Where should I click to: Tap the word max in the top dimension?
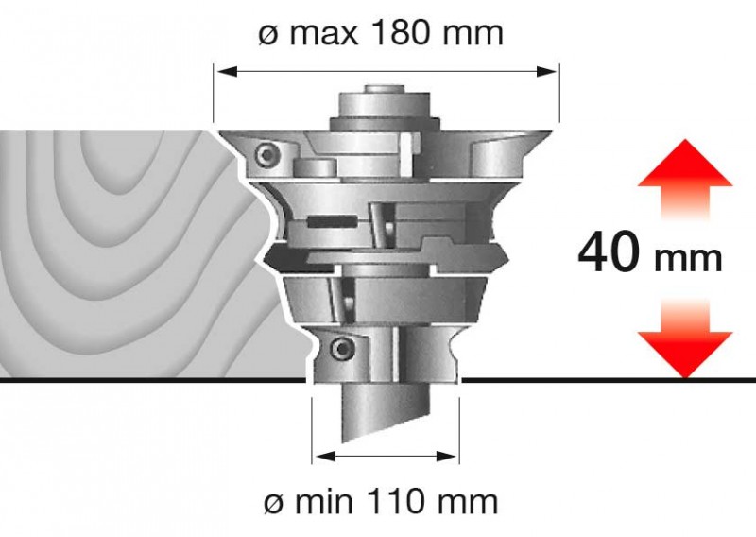[323, 35]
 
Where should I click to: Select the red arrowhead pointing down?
[684, 355]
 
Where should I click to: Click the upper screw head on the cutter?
[266, 155]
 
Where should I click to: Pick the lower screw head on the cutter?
[342, 348]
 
